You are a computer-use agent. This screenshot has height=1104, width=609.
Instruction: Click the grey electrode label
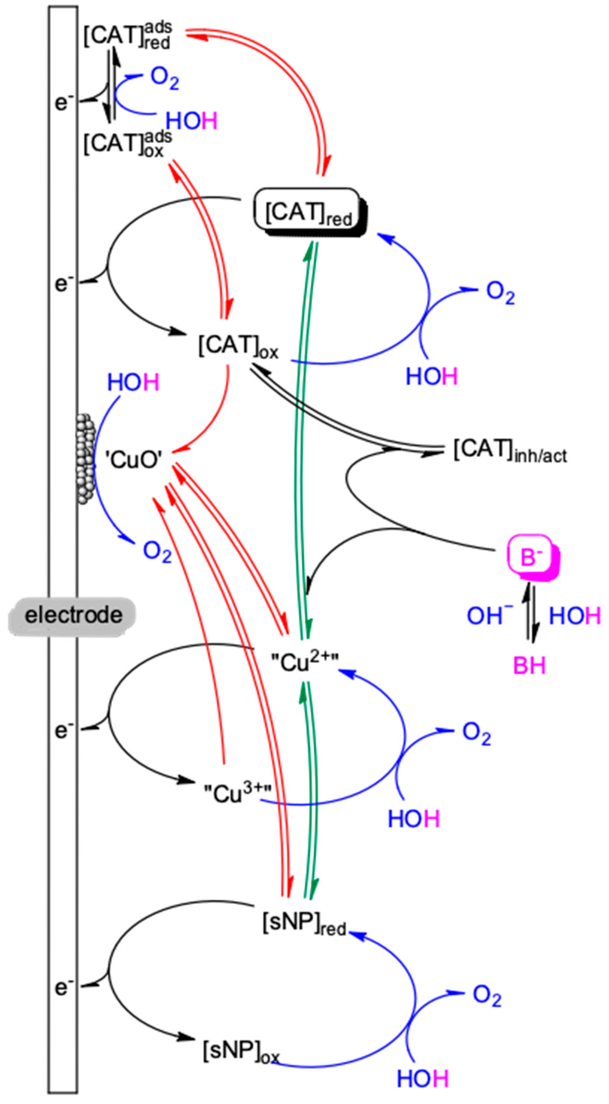click(73, 616)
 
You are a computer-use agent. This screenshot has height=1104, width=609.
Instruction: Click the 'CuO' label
click(134, 461)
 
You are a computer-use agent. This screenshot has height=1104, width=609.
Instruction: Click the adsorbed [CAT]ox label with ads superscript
click(128, 143)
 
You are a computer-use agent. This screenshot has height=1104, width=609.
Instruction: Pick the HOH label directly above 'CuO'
click(133, 382)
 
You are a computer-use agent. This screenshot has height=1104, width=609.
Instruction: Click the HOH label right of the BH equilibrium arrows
click(575, 616)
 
